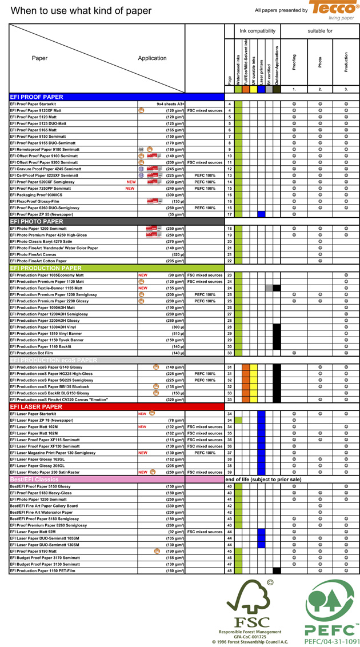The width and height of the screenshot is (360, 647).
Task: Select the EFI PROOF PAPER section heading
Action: (37, 97)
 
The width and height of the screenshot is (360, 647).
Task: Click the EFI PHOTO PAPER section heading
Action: (37, 222)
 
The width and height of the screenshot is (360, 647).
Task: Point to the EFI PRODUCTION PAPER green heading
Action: (46, 268)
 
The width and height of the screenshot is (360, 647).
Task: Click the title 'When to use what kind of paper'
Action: (81, 11)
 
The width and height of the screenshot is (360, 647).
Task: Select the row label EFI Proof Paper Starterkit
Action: (33, 105)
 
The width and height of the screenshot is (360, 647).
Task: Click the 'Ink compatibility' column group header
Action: (257, 31)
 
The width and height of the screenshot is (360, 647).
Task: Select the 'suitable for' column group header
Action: (320, 31)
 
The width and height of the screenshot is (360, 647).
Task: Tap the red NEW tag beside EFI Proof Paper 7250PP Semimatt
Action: (130, 189)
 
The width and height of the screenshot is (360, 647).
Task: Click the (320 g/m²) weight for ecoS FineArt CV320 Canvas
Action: (175, 400)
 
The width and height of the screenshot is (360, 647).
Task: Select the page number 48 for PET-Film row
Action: (230, 570)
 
